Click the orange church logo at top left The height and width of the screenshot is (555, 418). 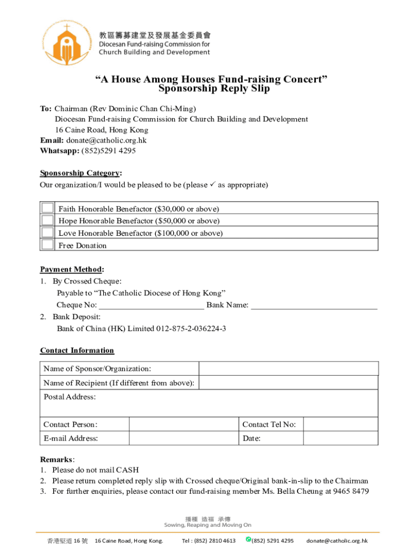click(x=66, y=42)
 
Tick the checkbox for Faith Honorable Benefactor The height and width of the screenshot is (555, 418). click(x=48, y=208)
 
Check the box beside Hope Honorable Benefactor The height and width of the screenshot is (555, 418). click(x=48, y=220)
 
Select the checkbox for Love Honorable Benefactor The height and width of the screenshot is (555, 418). click(x=48, y=233)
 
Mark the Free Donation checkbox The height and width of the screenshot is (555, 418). click(x=48, y=244)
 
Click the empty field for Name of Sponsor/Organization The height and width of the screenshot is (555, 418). click(x=288, y=369)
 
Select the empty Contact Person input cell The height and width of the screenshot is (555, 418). click(x=183, y=424)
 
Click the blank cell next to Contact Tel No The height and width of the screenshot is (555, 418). click(x=340, y=424)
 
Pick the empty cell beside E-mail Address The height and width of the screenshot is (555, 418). click(x=183, y=438)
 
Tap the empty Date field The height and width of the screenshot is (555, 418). click(x=340, y=438)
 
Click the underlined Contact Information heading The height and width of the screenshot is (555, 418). click(x=77, y=350)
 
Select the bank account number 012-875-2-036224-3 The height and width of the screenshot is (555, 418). click(x=191, y=329)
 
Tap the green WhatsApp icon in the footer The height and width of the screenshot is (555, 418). click(x=248, y=539)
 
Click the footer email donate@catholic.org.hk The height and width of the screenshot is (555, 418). click(x=337, y=541)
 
